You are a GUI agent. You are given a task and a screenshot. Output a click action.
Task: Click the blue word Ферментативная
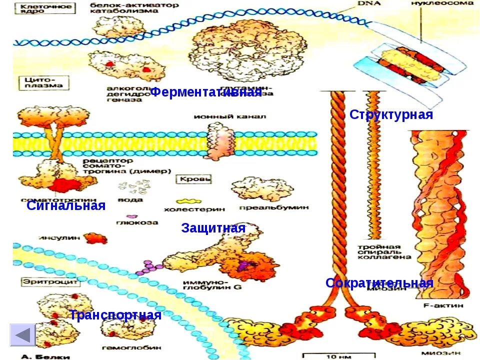(205, 91)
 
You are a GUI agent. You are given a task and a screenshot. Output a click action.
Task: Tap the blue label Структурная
(391, 114)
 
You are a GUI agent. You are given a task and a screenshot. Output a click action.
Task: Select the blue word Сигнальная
(66, 205)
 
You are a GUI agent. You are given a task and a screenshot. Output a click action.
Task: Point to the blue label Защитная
(213, 228)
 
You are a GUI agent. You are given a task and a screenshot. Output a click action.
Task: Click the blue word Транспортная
(115, 315)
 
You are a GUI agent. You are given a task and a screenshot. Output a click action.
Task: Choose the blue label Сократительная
(379, 283)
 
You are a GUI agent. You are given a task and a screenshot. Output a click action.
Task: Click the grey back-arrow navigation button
(22, 334)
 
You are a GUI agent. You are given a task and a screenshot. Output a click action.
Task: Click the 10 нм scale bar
(329, 356)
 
